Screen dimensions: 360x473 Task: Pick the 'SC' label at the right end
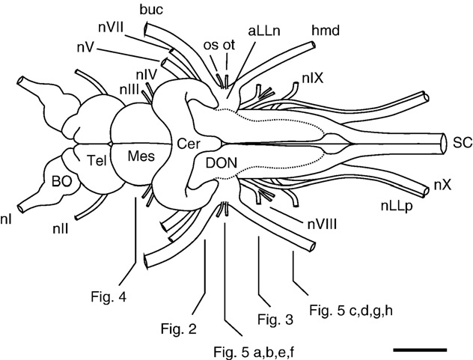click(461, 140)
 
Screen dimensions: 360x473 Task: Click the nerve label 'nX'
click(442, 186)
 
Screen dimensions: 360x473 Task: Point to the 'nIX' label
click(313, 77)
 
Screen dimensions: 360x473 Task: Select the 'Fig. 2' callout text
click(178, 327)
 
